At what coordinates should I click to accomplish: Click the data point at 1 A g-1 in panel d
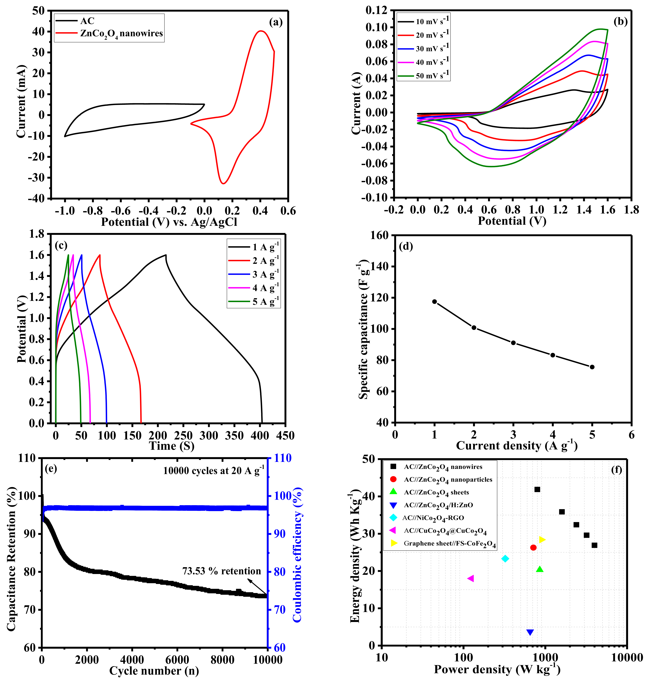click(434, 301)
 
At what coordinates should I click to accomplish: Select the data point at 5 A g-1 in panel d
click(592, 367)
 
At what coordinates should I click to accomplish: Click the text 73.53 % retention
click(221, 571)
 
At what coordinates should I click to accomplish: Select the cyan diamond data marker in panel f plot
click(505, 558)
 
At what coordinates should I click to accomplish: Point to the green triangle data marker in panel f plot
click(540, 569)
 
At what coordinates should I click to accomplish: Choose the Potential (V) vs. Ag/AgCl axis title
click(169, 222)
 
